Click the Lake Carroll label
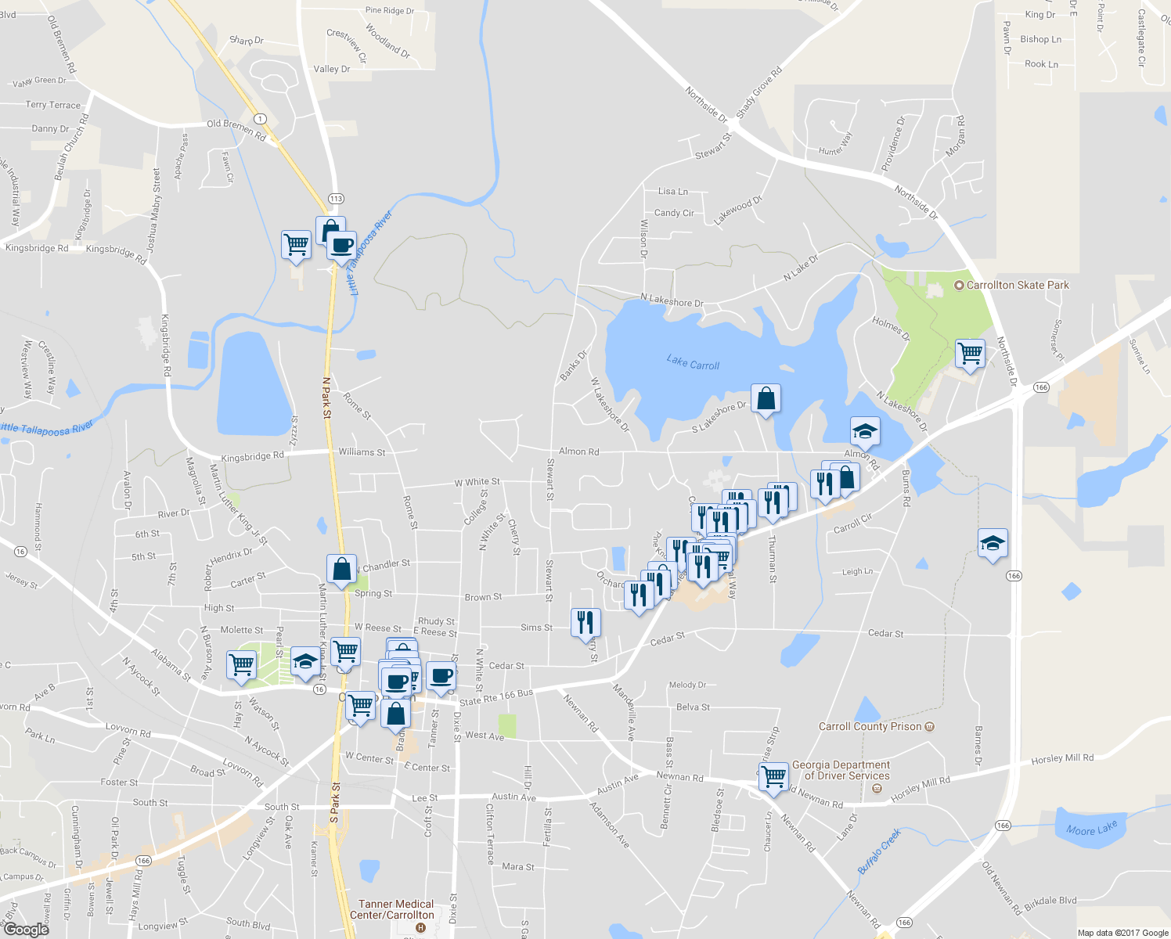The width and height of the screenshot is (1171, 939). [x=693, y=362]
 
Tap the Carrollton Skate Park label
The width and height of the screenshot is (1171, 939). [x=1017, y=286]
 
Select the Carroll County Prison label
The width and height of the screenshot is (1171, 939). [x=870, y=726]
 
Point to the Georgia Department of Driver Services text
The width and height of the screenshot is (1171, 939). [x=841, y=770]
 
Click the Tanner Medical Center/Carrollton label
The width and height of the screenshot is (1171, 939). [x=396, y=909]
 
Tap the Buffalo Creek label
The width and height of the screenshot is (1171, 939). [x=879, y=851]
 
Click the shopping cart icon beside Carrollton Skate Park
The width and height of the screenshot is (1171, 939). [x=970, y=354]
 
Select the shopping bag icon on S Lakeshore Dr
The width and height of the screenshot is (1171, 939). [x=766, y=398]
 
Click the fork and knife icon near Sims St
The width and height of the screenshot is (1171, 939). [x=585, y=623]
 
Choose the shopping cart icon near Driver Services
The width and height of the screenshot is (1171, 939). [x=773, y=778]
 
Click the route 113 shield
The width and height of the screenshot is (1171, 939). [x=336, y=199]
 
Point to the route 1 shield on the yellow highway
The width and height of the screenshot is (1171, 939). [x=261, y=120]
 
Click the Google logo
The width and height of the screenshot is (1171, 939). [x=27, y=929]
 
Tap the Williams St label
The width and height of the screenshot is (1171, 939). [x=362, y=452]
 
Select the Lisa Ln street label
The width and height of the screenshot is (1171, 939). [x=673, y=191]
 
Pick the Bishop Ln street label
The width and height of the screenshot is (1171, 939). [x=1040, y=39]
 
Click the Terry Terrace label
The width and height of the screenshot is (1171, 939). [x=52, y=105]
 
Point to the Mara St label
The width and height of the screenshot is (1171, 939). [x=517, y=867]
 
